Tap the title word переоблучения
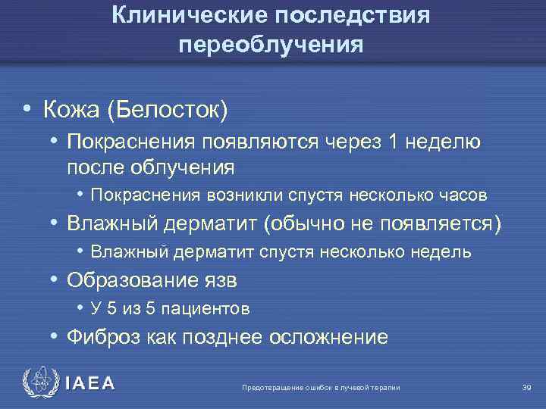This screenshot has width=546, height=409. tap(271, 45)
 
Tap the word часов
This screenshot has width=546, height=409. tap(463, 195)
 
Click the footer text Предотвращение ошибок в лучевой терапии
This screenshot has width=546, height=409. tap(320, 388)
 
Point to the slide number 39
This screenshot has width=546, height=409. tap(527, 388)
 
